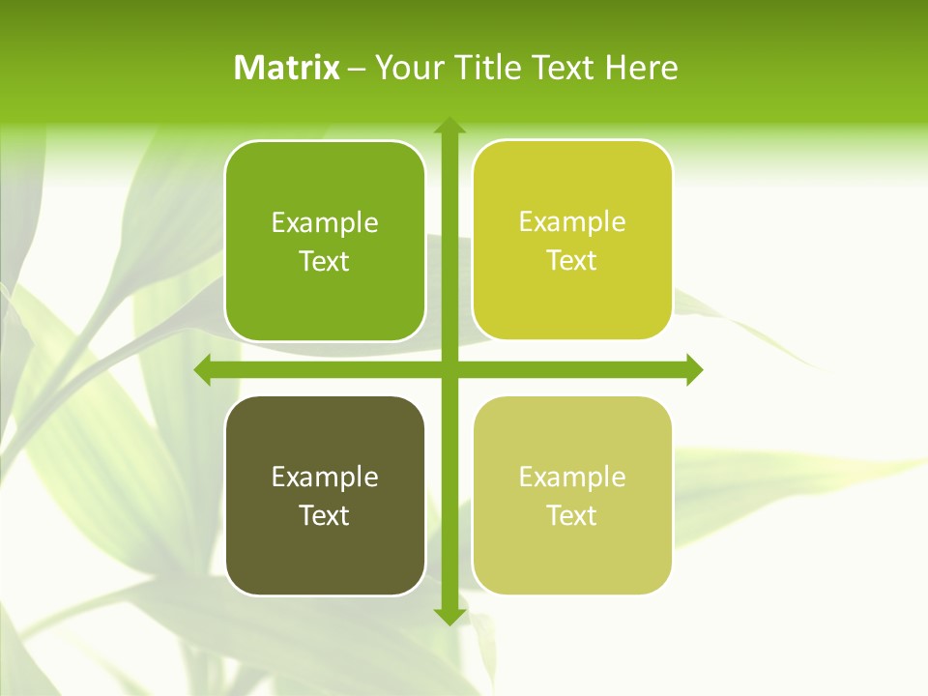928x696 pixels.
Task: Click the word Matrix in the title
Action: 287,68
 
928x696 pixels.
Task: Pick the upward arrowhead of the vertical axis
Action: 449,127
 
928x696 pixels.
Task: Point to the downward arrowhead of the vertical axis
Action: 449,616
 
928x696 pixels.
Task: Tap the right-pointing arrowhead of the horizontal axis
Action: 693,369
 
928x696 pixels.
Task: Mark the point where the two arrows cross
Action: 449,369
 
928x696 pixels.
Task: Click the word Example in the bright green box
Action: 325,223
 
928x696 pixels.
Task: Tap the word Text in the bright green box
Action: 325,261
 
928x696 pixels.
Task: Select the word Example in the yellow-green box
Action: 572,222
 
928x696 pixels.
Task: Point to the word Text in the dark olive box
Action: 325,515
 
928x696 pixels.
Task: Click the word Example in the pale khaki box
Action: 572,477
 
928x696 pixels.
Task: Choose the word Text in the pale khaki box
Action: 572,515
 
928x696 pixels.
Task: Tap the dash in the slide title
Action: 357,69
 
